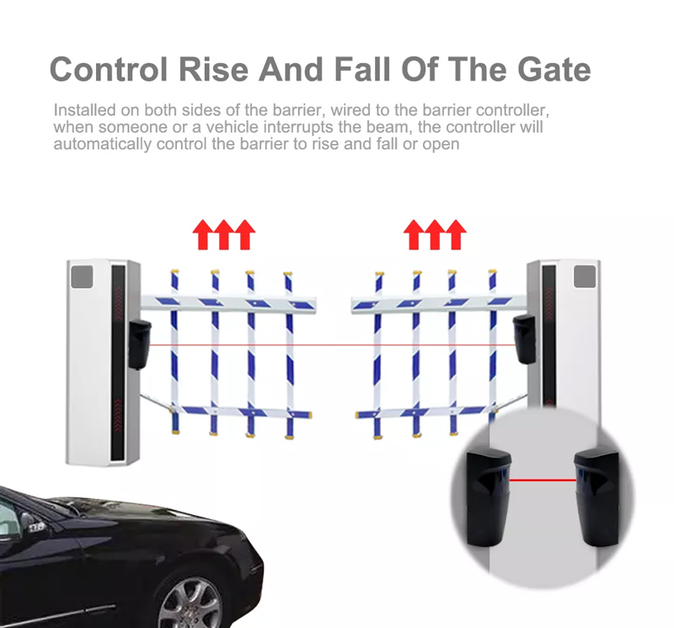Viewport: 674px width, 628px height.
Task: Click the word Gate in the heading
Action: tap(554, 70)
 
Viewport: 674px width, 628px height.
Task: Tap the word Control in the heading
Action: tap(109, 70)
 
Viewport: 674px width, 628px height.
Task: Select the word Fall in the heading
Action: tap(363, 70)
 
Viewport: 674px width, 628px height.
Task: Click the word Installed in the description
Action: tap(85, 110)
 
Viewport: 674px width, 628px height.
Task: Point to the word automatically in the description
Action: tap(102, 143)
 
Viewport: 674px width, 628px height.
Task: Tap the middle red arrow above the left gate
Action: tap(224, 234)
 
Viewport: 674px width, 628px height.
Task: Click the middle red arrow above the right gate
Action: tap(435, 234)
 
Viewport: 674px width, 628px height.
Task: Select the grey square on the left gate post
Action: tap(82, 276)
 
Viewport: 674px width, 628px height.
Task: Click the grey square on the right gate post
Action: tap(585, 276)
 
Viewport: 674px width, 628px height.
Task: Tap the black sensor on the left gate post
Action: tap(139, 344)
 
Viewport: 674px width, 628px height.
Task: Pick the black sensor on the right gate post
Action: tap(524, 339)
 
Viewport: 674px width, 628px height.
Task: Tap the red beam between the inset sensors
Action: tap(543, 480)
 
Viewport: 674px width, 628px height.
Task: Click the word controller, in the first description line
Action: tap(513, 110)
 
